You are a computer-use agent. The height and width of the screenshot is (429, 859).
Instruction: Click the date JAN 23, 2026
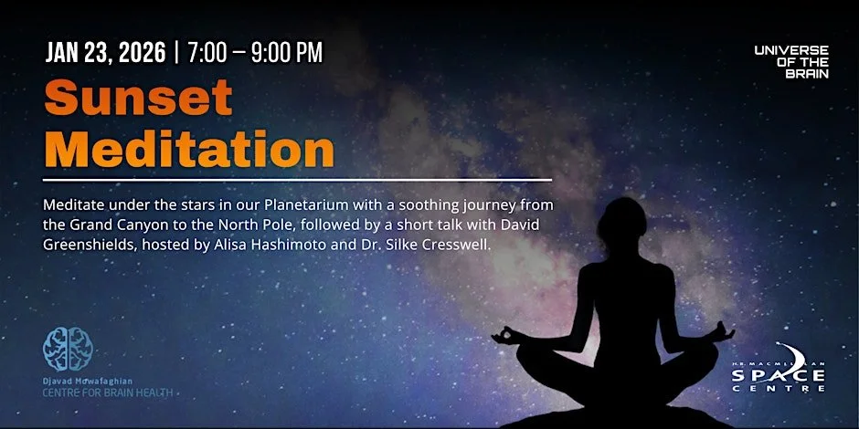pyautogui.click(x=105, y=53)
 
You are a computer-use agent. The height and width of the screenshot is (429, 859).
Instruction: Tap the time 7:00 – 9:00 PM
pyautogui.click(x=255, y=53)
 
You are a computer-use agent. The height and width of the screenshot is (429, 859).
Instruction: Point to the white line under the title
pyautogui.click(x=297, y=180)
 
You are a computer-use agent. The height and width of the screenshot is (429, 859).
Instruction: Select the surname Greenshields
pyautogui.click(x=86, y=245)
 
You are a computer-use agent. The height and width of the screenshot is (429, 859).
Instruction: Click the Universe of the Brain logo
pyautogui.click(x=791, y=61)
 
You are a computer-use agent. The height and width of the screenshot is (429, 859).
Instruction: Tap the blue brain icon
pyautogui.click(x=68, y=348)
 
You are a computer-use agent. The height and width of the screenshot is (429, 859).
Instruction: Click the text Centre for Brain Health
pyautogui.click(x=107, y=392)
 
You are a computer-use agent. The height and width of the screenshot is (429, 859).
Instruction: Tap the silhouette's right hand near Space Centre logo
pyautogui.click(x=722, y=331)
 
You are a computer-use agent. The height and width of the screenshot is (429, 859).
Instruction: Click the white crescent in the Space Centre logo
pyautogui.click(x=789, y=356)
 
